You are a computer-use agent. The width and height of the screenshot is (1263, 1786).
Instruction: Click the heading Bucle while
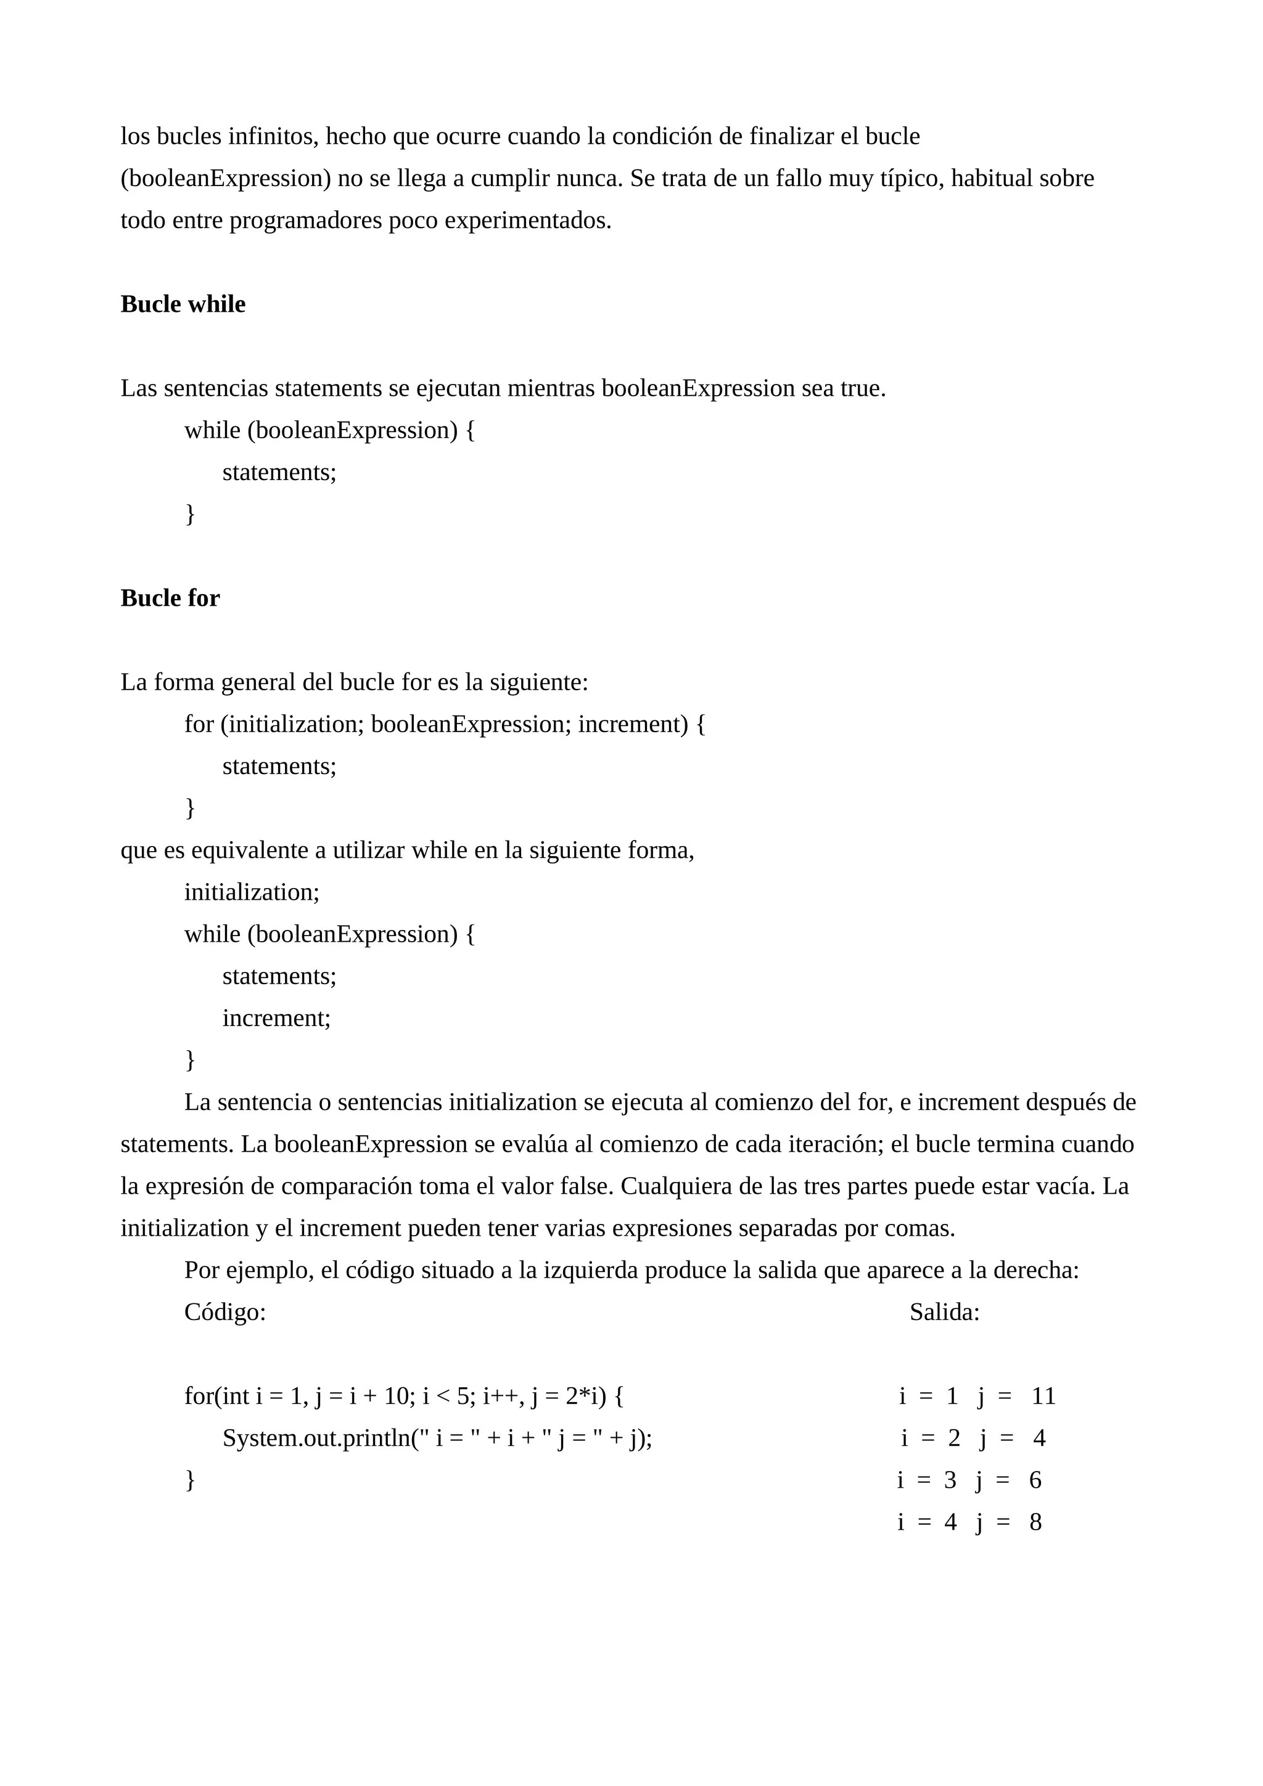click(183, 304)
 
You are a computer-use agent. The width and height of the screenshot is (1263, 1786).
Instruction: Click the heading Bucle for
click(170, 598)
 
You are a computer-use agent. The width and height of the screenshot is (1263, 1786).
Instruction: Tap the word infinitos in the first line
click(273, 137)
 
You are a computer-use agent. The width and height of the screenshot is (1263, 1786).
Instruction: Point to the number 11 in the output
click(1043, 1397)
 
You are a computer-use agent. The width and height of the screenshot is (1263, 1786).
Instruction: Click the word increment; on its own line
click(276, 1018)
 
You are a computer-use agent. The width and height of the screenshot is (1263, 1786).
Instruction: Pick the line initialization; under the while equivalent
click(252, 892)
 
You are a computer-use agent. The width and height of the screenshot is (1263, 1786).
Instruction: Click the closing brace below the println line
click(190, 1480)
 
